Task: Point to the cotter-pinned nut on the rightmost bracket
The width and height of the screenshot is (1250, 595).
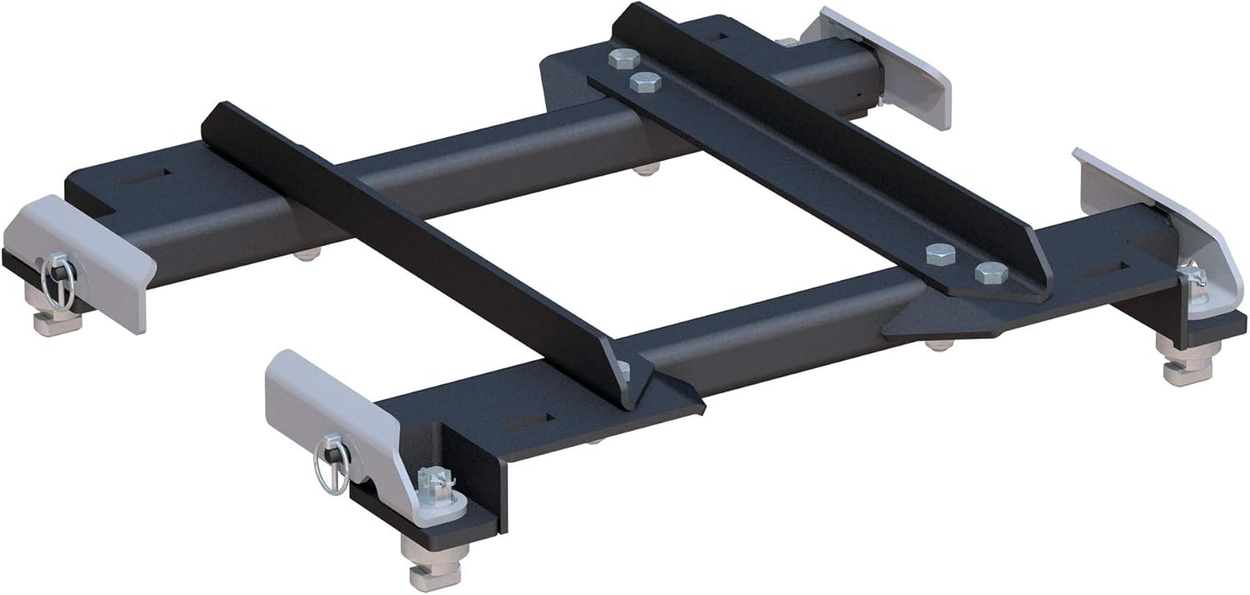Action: point(1192,279)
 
